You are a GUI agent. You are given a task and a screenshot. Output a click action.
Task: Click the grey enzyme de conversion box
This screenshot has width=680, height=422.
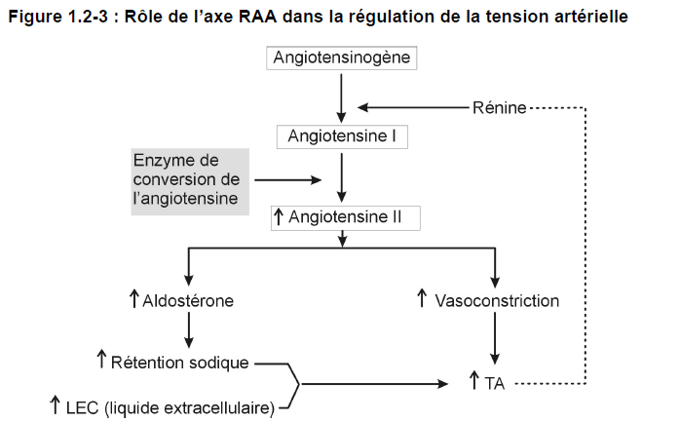click(190, 181)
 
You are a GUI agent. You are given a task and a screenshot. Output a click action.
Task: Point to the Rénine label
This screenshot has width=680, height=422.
click(499, 107)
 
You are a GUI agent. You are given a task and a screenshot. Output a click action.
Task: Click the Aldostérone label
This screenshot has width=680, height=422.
click(188, 300)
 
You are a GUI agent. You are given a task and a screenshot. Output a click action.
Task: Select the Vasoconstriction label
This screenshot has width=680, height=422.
click(497, 300)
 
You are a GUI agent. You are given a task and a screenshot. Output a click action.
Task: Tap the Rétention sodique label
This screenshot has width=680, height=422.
click(179, 363)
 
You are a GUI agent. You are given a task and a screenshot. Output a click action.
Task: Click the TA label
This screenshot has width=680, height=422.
click(494, 384)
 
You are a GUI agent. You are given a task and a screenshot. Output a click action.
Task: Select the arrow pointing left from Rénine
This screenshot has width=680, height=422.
click(414, 107)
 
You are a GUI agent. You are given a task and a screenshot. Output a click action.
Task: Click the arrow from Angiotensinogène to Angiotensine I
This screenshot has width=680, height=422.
click(341, 98)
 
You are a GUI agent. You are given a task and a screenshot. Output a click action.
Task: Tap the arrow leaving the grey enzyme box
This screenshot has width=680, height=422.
click(288, 179)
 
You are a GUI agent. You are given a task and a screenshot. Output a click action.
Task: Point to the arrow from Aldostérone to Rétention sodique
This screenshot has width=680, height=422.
click(189, 330)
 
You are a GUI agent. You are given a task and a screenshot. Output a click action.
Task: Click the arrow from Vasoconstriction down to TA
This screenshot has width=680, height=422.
click(495, 338)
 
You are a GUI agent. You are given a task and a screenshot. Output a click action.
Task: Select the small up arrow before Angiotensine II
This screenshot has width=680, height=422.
click(279, 216)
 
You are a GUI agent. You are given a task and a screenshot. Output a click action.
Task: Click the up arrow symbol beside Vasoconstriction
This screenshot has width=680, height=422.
click(422, 298)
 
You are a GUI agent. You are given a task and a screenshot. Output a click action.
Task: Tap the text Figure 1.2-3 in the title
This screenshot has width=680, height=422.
click(58, 17)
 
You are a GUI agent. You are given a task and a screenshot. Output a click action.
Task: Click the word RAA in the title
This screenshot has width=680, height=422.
click(257, 17)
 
